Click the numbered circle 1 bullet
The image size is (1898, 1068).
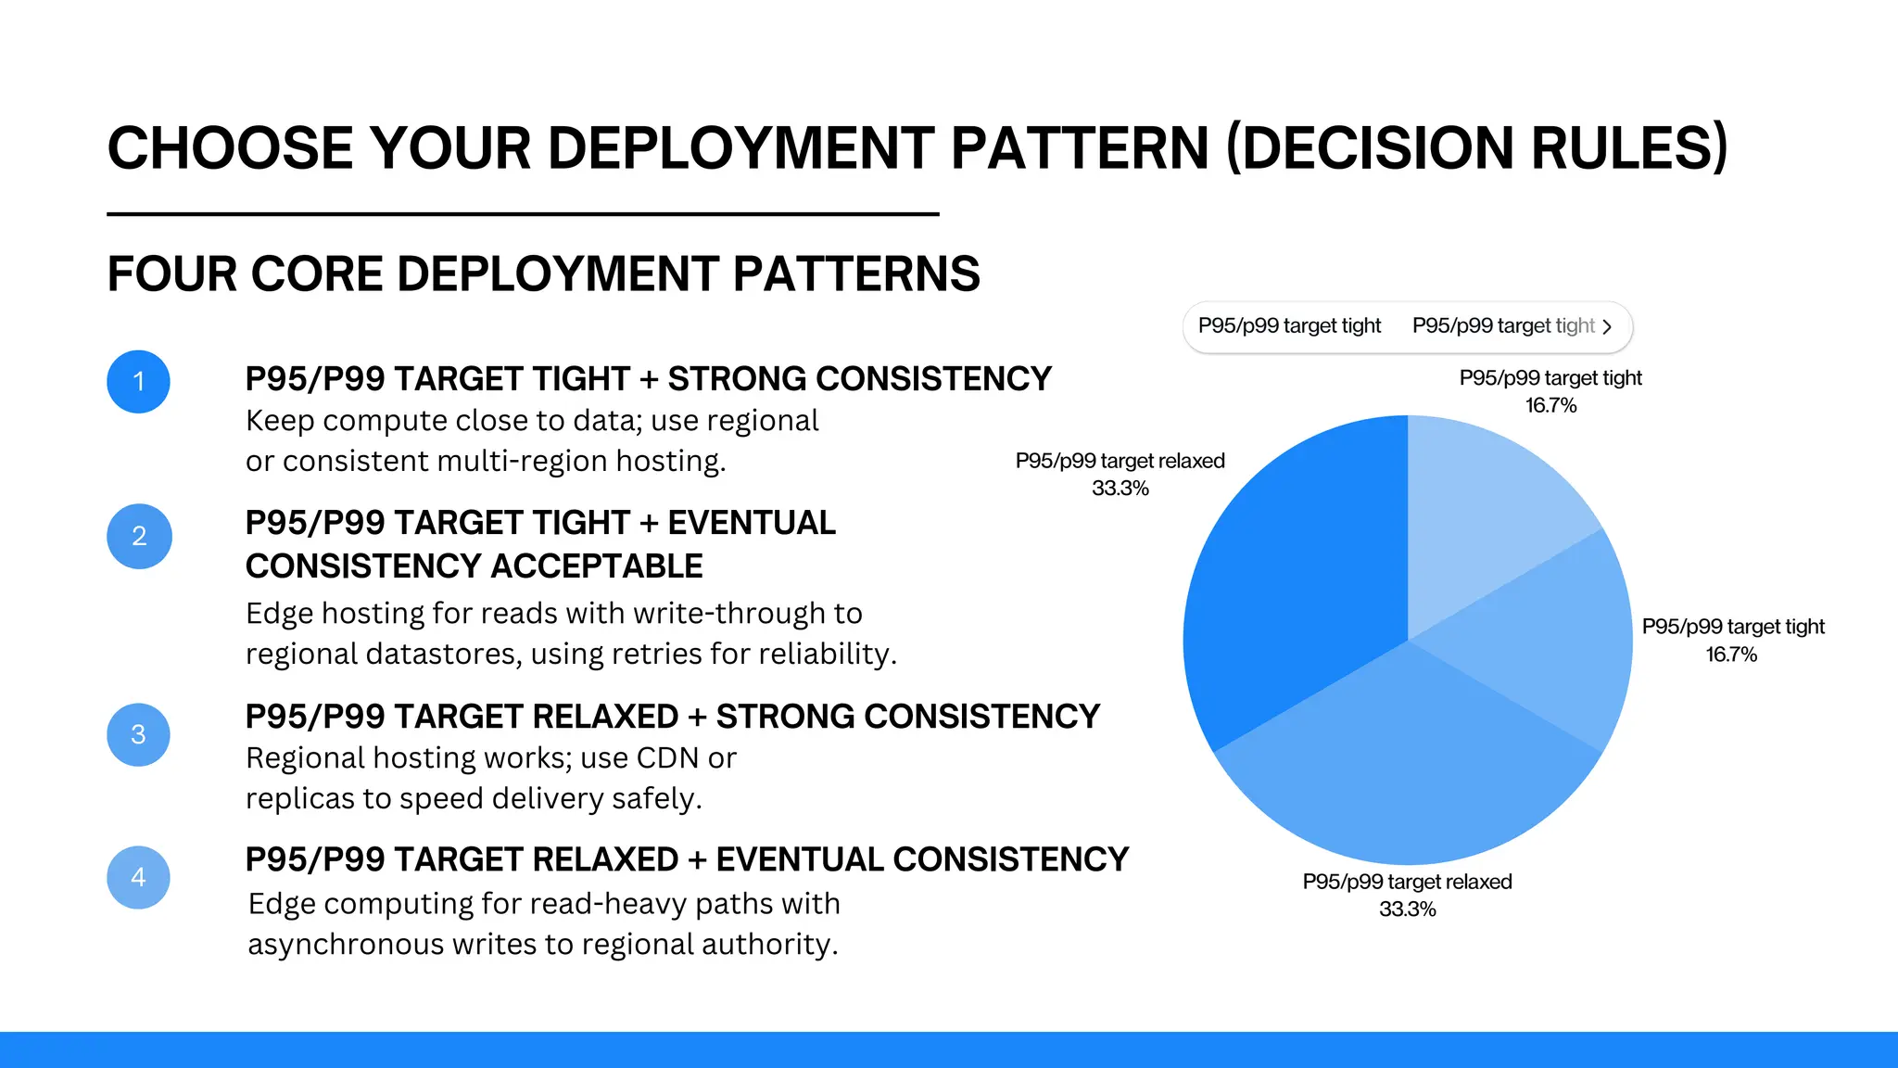[138, 381]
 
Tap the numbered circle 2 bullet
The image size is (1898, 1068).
[139, 536]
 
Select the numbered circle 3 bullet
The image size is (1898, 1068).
[138, 734]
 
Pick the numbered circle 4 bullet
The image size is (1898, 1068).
[138, 877]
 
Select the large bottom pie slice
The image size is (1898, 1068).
[1409, 769]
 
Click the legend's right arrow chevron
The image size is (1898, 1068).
[1607, 326]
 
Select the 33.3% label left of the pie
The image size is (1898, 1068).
[1120, 489]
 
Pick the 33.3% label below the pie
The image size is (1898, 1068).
[1407, 909]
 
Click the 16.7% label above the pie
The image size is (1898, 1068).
[1550, 405]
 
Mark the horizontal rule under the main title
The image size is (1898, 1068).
[523, 214]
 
